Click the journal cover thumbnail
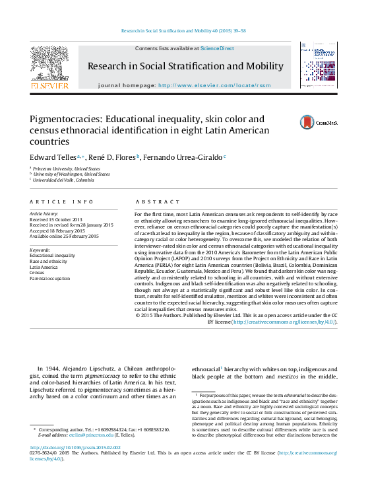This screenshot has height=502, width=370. pos(319,65)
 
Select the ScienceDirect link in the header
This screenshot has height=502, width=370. pos(217,48)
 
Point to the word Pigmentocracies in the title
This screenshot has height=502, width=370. pos(71,120)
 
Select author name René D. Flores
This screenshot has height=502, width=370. pos(112,157)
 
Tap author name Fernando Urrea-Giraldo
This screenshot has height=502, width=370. pos(184,157)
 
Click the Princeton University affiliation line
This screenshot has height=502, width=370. pos(66,168)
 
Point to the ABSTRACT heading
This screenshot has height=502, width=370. pos(157,201)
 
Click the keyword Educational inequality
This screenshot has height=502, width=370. pos(53,255)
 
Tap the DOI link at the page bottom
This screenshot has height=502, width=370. pos(74,447)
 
